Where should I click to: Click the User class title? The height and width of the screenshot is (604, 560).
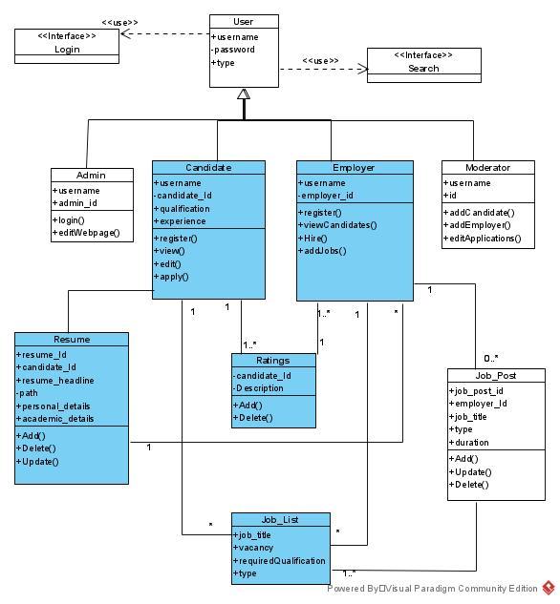point(244,22)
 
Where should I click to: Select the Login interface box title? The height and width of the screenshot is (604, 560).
point(67,49)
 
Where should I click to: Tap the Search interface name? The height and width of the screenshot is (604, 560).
point(423,68)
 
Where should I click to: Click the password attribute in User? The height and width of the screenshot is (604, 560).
point(234,50)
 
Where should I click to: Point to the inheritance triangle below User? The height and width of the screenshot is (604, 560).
point(244,94)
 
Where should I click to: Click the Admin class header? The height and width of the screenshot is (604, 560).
point(92,176)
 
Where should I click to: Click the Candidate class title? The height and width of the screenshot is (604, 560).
point(208,167)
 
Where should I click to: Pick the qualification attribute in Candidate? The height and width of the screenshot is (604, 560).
point(183,208)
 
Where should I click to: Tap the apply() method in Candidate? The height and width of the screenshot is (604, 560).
point(172,277)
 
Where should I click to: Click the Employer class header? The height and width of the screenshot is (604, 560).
point(354,168)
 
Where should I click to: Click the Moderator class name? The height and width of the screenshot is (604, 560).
point(487,167)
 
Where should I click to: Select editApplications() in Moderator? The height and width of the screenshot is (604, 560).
point(485,239)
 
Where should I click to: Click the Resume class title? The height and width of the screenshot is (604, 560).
point(72,339)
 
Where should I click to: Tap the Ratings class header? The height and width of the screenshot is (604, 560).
point(272,361)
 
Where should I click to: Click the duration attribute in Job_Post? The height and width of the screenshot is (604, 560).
point(469,443)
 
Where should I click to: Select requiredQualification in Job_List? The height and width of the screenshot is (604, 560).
point(281,561)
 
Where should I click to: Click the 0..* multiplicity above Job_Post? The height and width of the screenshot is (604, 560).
point(490,359)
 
